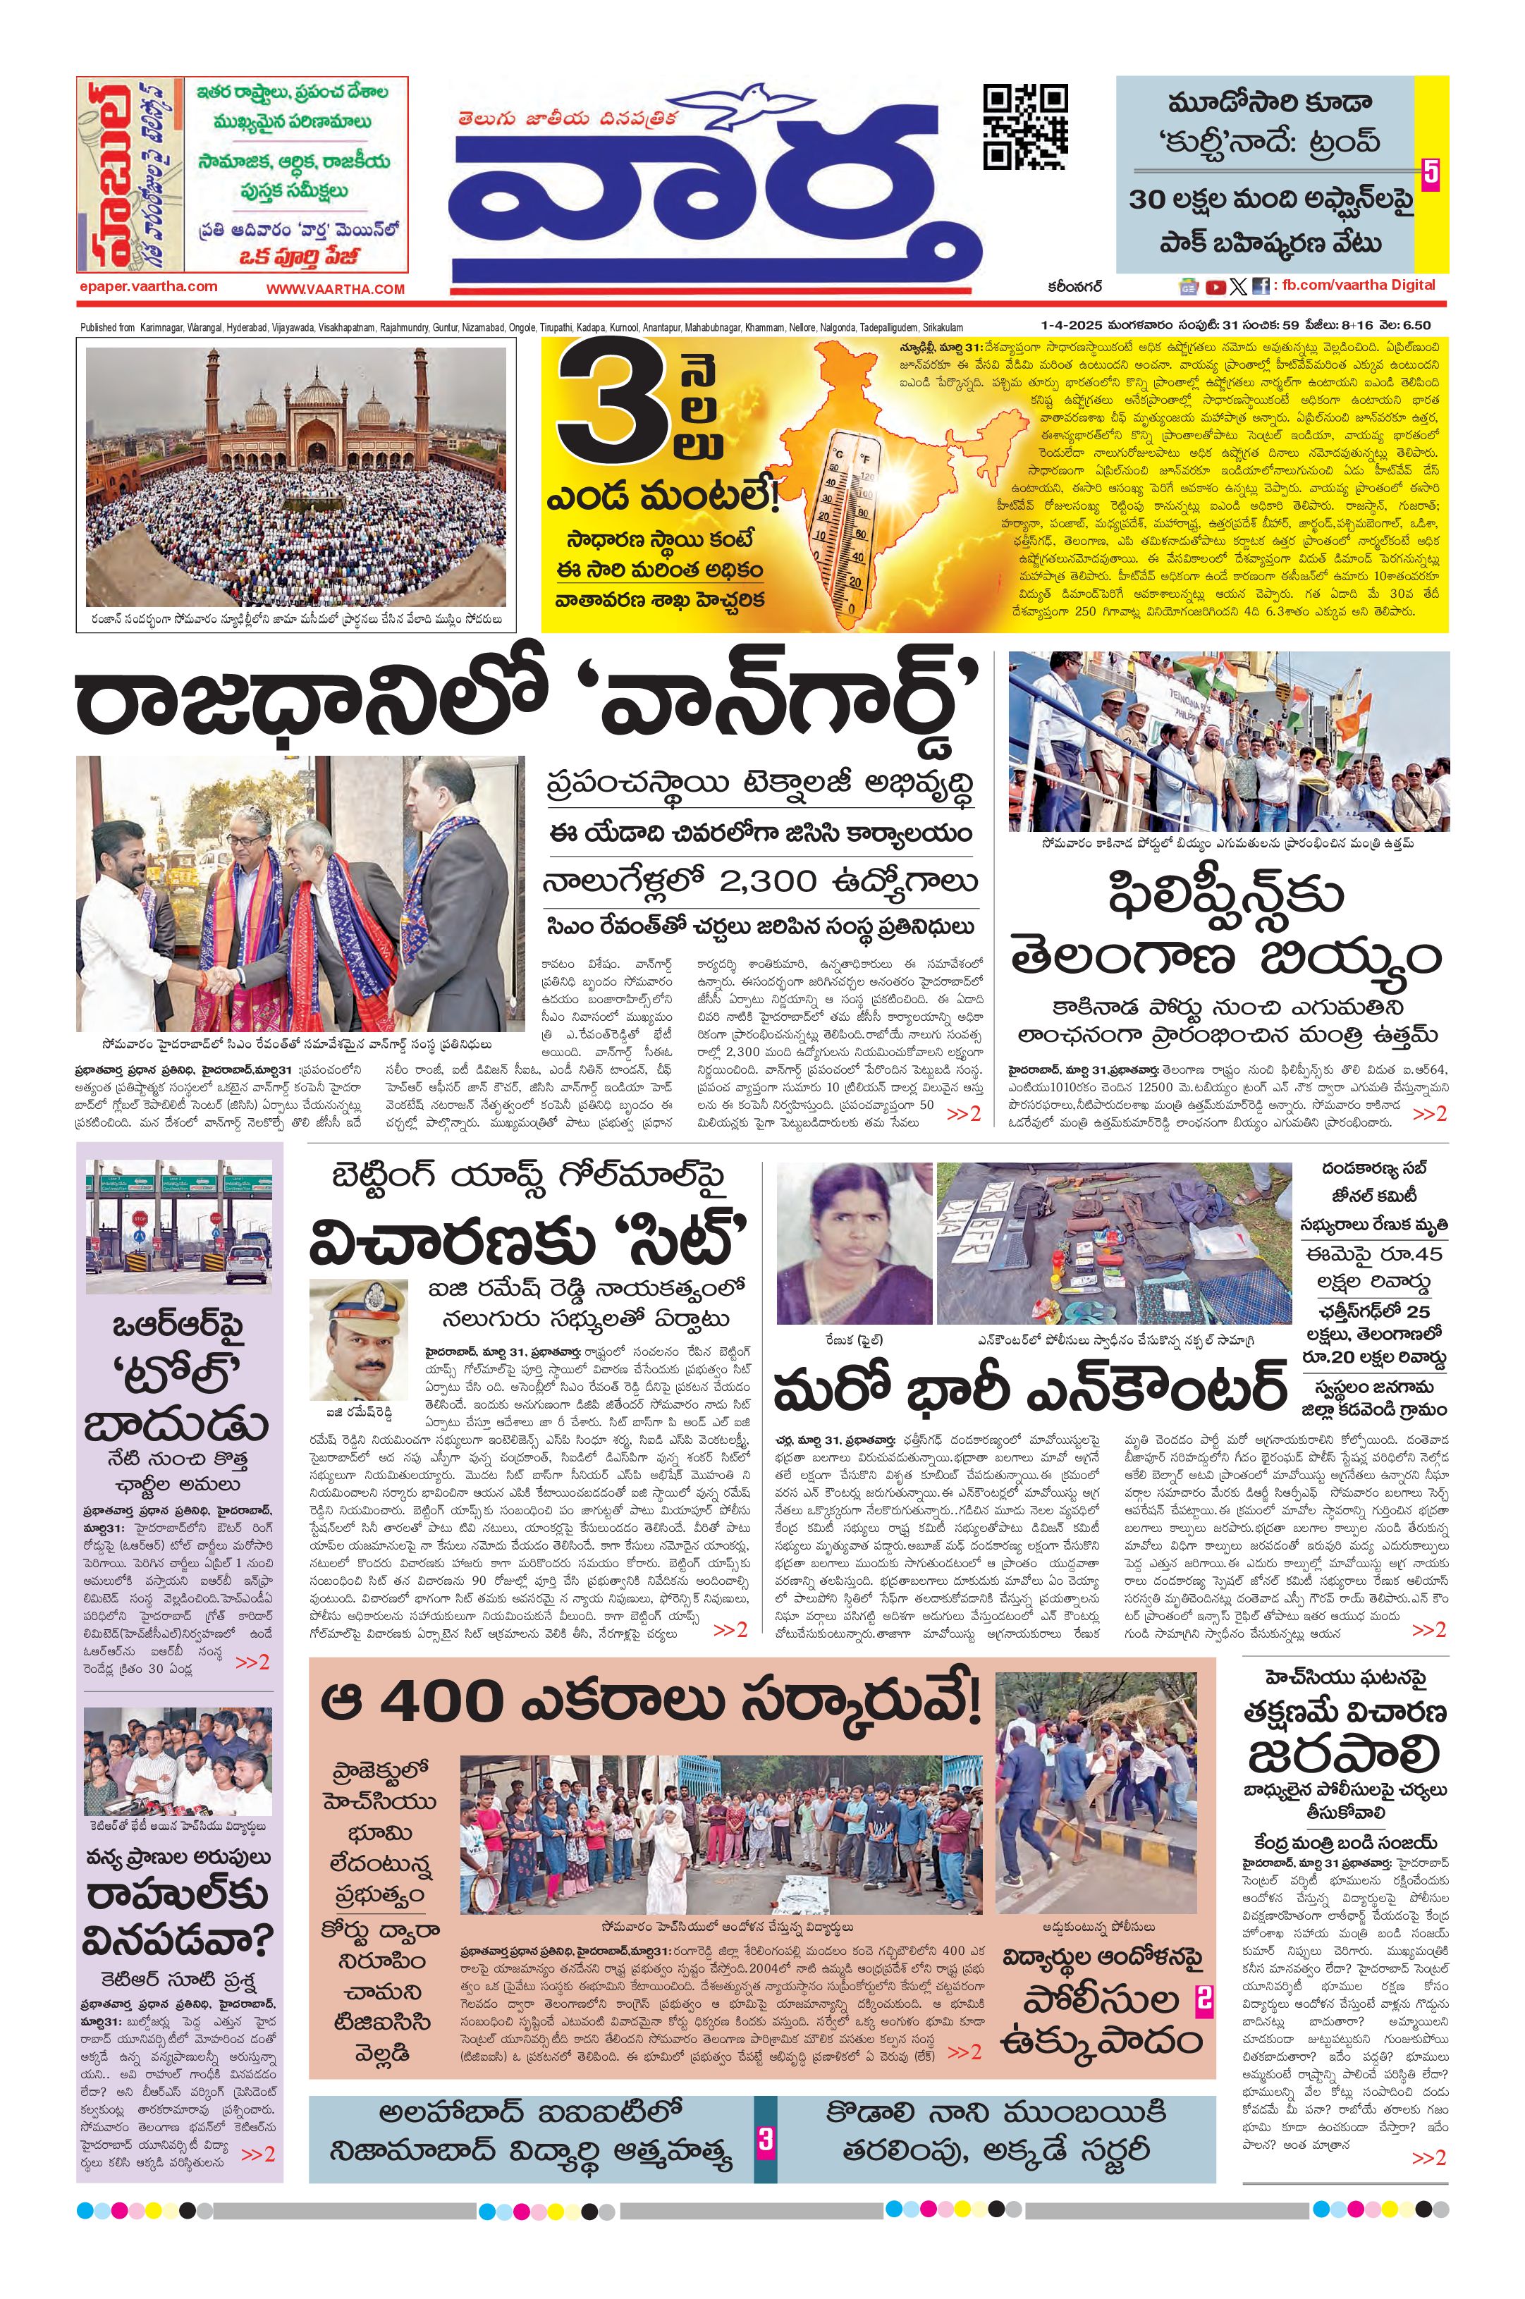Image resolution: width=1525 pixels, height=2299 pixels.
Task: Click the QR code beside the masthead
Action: pos(1024,128)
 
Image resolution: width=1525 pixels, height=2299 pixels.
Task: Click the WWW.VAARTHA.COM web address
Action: pos(335,289)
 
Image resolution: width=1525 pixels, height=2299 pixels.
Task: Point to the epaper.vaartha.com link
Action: pos(148,286)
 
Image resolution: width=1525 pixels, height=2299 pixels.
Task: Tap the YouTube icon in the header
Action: pos(1215,286)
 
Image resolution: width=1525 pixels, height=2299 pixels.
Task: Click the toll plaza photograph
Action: pos(177,1225)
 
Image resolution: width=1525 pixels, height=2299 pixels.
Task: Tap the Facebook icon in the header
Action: pos(1259,286)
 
